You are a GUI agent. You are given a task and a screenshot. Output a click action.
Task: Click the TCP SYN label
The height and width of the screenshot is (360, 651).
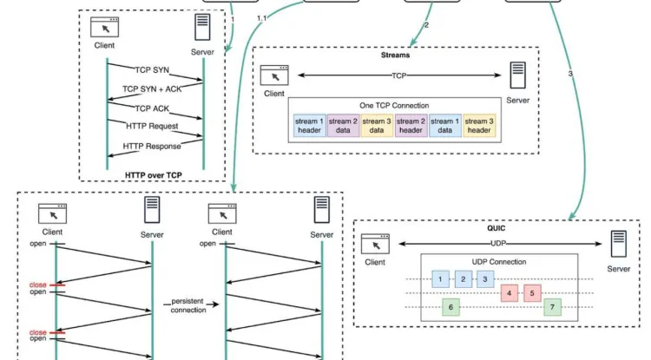tap(152, 70)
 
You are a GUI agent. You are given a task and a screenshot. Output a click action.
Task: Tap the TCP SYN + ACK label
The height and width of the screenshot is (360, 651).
tap(152, 89)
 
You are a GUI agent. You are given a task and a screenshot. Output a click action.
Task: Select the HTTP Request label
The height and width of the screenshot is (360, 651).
tap(152, 126)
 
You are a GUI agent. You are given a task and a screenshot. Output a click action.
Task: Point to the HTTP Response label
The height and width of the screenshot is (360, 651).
tap(152, 146)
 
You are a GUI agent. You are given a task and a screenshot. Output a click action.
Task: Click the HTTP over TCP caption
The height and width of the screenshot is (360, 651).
tap(153, 175)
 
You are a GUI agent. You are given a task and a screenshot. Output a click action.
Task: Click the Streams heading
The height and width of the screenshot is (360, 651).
tap(395, 56)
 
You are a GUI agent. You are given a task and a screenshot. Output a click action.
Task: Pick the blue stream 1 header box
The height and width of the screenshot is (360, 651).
tap(309, 126)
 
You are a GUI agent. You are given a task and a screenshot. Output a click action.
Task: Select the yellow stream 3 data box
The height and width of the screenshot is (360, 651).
tap(377, 126)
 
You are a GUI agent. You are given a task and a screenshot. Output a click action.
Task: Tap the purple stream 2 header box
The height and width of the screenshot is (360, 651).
tap(411, 126)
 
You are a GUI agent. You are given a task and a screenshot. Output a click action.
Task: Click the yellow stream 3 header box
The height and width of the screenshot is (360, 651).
tap(479, 126)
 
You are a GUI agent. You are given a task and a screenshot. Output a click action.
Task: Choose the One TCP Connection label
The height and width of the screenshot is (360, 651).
tap(394, 105)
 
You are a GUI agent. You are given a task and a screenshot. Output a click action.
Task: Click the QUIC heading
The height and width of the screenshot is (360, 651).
tap(496, 228)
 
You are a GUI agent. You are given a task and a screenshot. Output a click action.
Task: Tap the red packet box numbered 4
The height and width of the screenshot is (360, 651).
tap(510, 293)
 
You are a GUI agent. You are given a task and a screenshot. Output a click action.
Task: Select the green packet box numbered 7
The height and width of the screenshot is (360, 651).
tap(552, 307)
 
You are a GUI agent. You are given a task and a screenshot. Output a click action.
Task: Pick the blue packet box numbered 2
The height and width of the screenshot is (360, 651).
tap(464, 279)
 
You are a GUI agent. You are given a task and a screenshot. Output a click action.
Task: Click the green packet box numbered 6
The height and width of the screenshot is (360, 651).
tap(450, 307)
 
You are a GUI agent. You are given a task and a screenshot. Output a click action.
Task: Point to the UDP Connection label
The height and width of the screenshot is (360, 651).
tap(499, 262)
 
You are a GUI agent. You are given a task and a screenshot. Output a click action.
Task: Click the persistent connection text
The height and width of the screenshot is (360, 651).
tap(187, 305)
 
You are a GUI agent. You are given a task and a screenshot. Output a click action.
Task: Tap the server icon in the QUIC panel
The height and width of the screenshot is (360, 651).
tap(619, 244)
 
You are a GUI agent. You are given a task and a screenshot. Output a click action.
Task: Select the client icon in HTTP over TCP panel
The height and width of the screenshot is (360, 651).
tap(105, 27)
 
